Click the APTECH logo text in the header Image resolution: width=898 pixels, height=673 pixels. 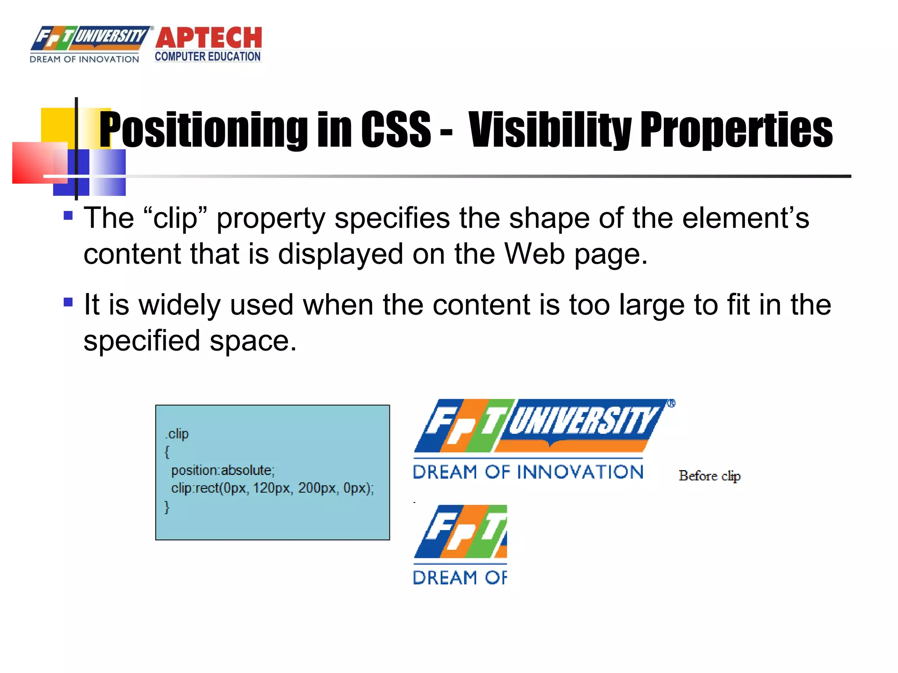click(x=209, y=38)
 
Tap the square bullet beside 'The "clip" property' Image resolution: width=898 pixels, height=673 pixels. click(x=68, y=216)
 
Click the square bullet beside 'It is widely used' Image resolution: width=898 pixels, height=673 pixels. click(x=68, y=302)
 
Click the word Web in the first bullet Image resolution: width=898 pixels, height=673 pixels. click(x=534, y=254)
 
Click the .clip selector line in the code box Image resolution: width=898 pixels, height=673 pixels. click(x=177, y=434)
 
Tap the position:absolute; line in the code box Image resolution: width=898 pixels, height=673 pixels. click(x=223, y=470)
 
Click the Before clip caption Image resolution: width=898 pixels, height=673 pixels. click(x=709, y=476)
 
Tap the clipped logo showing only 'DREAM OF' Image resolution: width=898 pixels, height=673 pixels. click(x=460, y=545)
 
